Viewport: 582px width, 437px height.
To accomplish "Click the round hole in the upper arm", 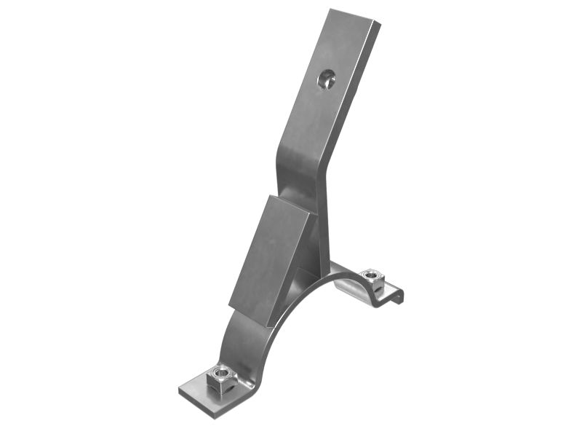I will click(327, 79).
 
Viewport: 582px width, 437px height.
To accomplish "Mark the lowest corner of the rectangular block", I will click(267, 325).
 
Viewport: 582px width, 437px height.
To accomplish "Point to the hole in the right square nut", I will click(372, 274).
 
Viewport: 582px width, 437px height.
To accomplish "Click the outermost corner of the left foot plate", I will click(180, 390).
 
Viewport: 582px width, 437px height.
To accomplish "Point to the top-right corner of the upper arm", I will click(378, 23).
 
